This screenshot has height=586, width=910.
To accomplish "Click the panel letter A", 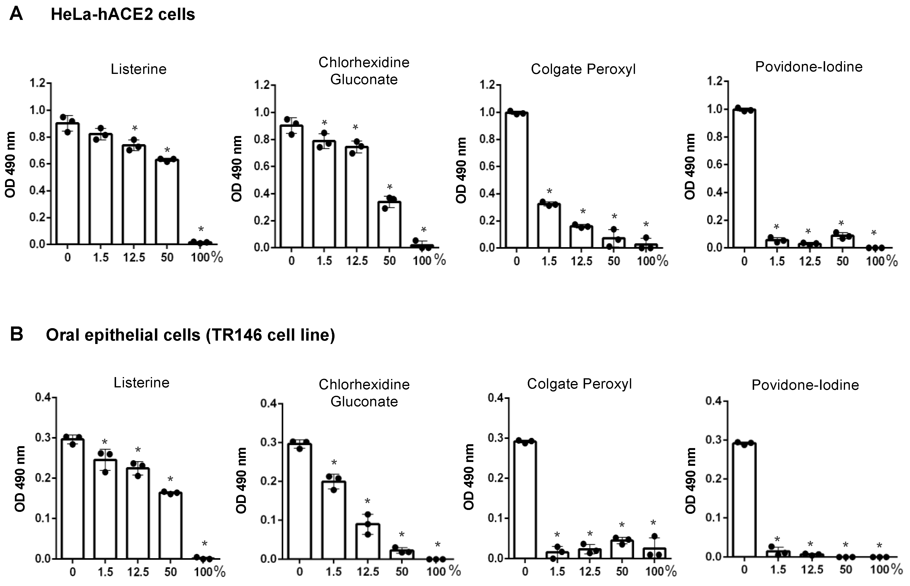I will click(x=16, y=14).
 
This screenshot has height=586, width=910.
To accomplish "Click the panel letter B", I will click(x=16, y=334).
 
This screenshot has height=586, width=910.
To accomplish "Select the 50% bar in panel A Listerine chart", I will click(x=167, y=202).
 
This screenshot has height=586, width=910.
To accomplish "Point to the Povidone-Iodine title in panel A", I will click(x=809, y=67).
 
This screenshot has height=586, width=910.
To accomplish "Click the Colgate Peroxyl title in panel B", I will click(x=579, y=384).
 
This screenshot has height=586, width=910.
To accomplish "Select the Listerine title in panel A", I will click(x=138, y=69).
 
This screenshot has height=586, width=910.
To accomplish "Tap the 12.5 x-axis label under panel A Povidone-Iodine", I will click(x=810, y=261).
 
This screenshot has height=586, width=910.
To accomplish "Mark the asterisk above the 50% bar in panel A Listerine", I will click(x=167, y=149).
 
